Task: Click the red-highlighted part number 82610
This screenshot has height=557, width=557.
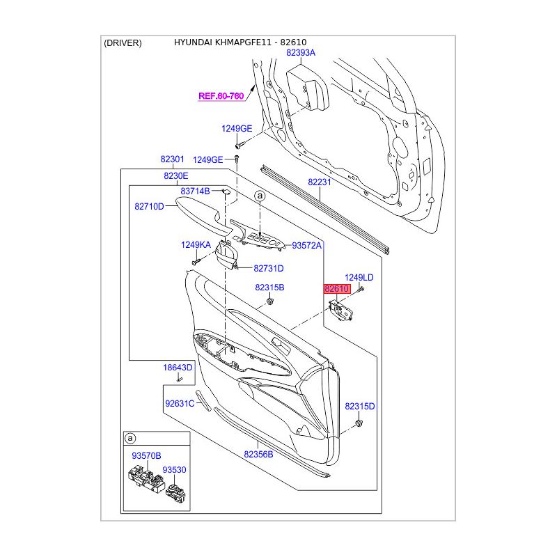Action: (337, 289)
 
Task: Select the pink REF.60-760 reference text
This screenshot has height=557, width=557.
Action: (221, 96)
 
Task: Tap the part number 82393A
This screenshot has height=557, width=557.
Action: (301, 53)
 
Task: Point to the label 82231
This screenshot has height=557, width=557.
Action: (320, 182)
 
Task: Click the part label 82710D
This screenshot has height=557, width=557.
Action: (149, 206)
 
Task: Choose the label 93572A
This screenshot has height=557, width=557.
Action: (306, 246)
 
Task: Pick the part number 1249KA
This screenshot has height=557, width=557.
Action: (196, 245)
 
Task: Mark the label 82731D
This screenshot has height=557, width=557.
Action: (269, 269)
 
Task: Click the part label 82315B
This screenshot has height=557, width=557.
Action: (269, 288)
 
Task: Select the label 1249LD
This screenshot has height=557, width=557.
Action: (359, 277)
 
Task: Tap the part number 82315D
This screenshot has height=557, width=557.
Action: (360, 407)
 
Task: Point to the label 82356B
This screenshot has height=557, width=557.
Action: (258, 455)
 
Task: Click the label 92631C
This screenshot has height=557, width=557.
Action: (180, 404)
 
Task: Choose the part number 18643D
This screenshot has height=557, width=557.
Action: (178, 368)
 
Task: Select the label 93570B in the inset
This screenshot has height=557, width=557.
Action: (146, 456)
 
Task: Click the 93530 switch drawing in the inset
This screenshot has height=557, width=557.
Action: (175, 493)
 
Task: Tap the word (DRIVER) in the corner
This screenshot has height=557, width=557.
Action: (123, 43)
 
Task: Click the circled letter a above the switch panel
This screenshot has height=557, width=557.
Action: (260, 196)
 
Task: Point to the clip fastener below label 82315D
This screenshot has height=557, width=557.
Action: (359, 423)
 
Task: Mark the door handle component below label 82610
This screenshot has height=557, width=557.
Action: (340, 311)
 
